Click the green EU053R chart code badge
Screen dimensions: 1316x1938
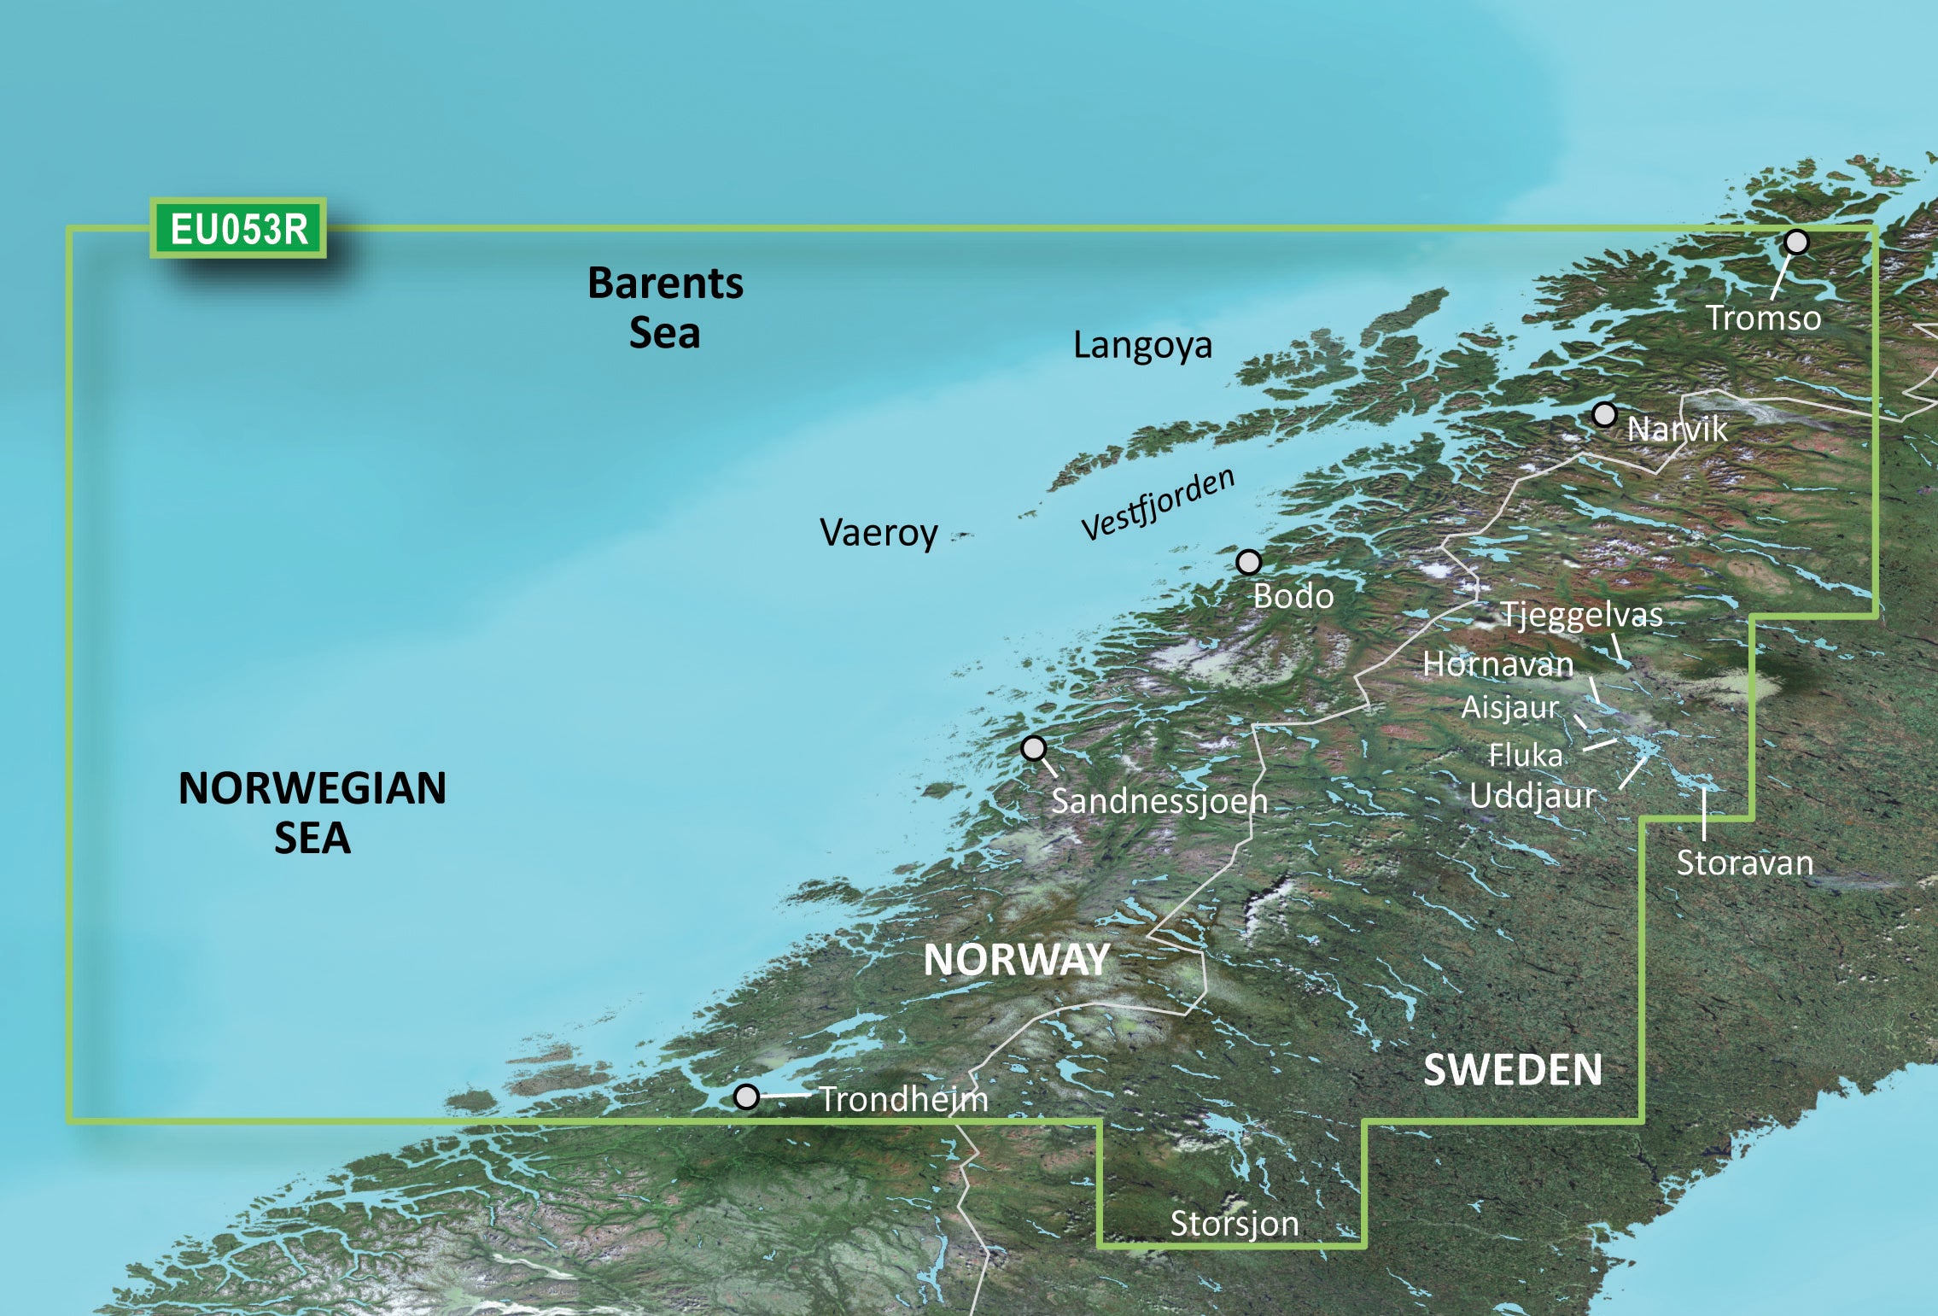tap(238, 229)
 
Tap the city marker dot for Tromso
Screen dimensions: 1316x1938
tap(1796, 243)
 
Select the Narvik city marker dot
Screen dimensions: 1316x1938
tap(1604, 415)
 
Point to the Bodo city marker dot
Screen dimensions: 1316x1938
tap(1248, 563)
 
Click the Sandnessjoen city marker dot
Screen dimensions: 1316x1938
tap(1033, 749)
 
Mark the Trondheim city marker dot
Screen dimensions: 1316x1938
tap(746, 1097)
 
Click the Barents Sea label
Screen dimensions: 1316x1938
tap(665, 307)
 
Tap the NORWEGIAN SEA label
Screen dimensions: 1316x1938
tap(312, 812)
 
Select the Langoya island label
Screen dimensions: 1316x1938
tap(1142, 345)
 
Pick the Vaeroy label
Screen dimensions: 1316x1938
tap(879, 533)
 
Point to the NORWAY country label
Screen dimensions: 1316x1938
tap(1017, 960)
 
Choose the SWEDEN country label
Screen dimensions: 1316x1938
tap(1513, 1070)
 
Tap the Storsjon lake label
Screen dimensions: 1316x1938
tap(1234, 1224)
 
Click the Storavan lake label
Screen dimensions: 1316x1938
tap(1744, 863)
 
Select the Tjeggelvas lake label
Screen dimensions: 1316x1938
tap(1581, 615)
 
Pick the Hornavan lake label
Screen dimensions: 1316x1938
tap(1497, 664)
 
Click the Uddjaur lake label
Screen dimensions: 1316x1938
tap(1532, 796)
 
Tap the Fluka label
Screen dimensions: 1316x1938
tap(1526, 755)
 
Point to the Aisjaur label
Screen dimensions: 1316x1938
tap(1509, 707)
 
